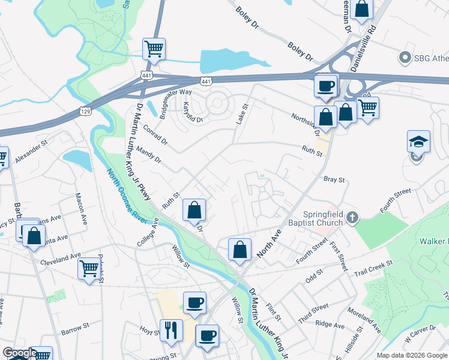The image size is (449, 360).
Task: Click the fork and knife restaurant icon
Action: (x=170, y=329)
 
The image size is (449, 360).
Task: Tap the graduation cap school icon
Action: (x=418, y=142)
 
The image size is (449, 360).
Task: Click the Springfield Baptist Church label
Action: (x=315, y=218)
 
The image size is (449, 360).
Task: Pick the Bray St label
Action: (x=334, y=179)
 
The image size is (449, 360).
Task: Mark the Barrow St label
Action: (x=74, y=331)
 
